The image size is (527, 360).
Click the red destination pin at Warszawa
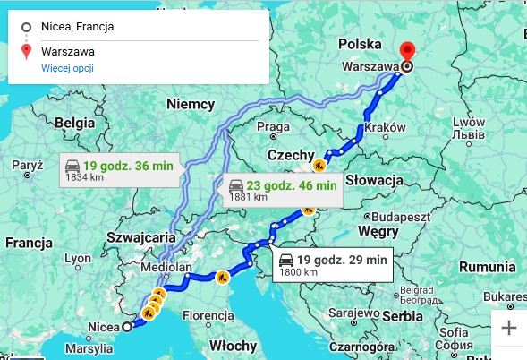tap(408, 52)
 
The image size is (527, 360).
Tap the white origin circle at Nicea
tap(126, 327)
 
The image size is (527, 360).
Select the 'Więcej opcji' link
tap(67, 68)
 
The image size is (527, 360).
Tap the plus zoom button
tap(509, 327)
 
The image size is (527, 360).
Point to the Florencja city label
tap(208, 315)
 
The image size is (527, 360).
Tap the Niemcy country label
tap(191, 103)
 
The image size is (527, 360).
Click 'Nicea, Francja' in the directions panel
tap(77, 27)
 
